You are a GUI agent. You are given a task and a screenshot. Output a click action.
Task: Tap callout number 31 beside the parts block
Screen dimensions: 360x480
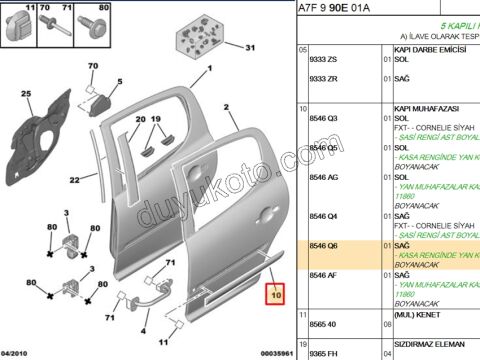251,47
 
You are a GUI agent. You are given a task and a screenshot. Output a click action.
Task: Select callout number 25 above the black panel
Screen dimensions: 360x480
27,95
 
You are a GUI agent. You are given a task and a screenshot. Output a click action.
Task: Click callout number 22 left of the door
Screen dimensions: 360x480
74,181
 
